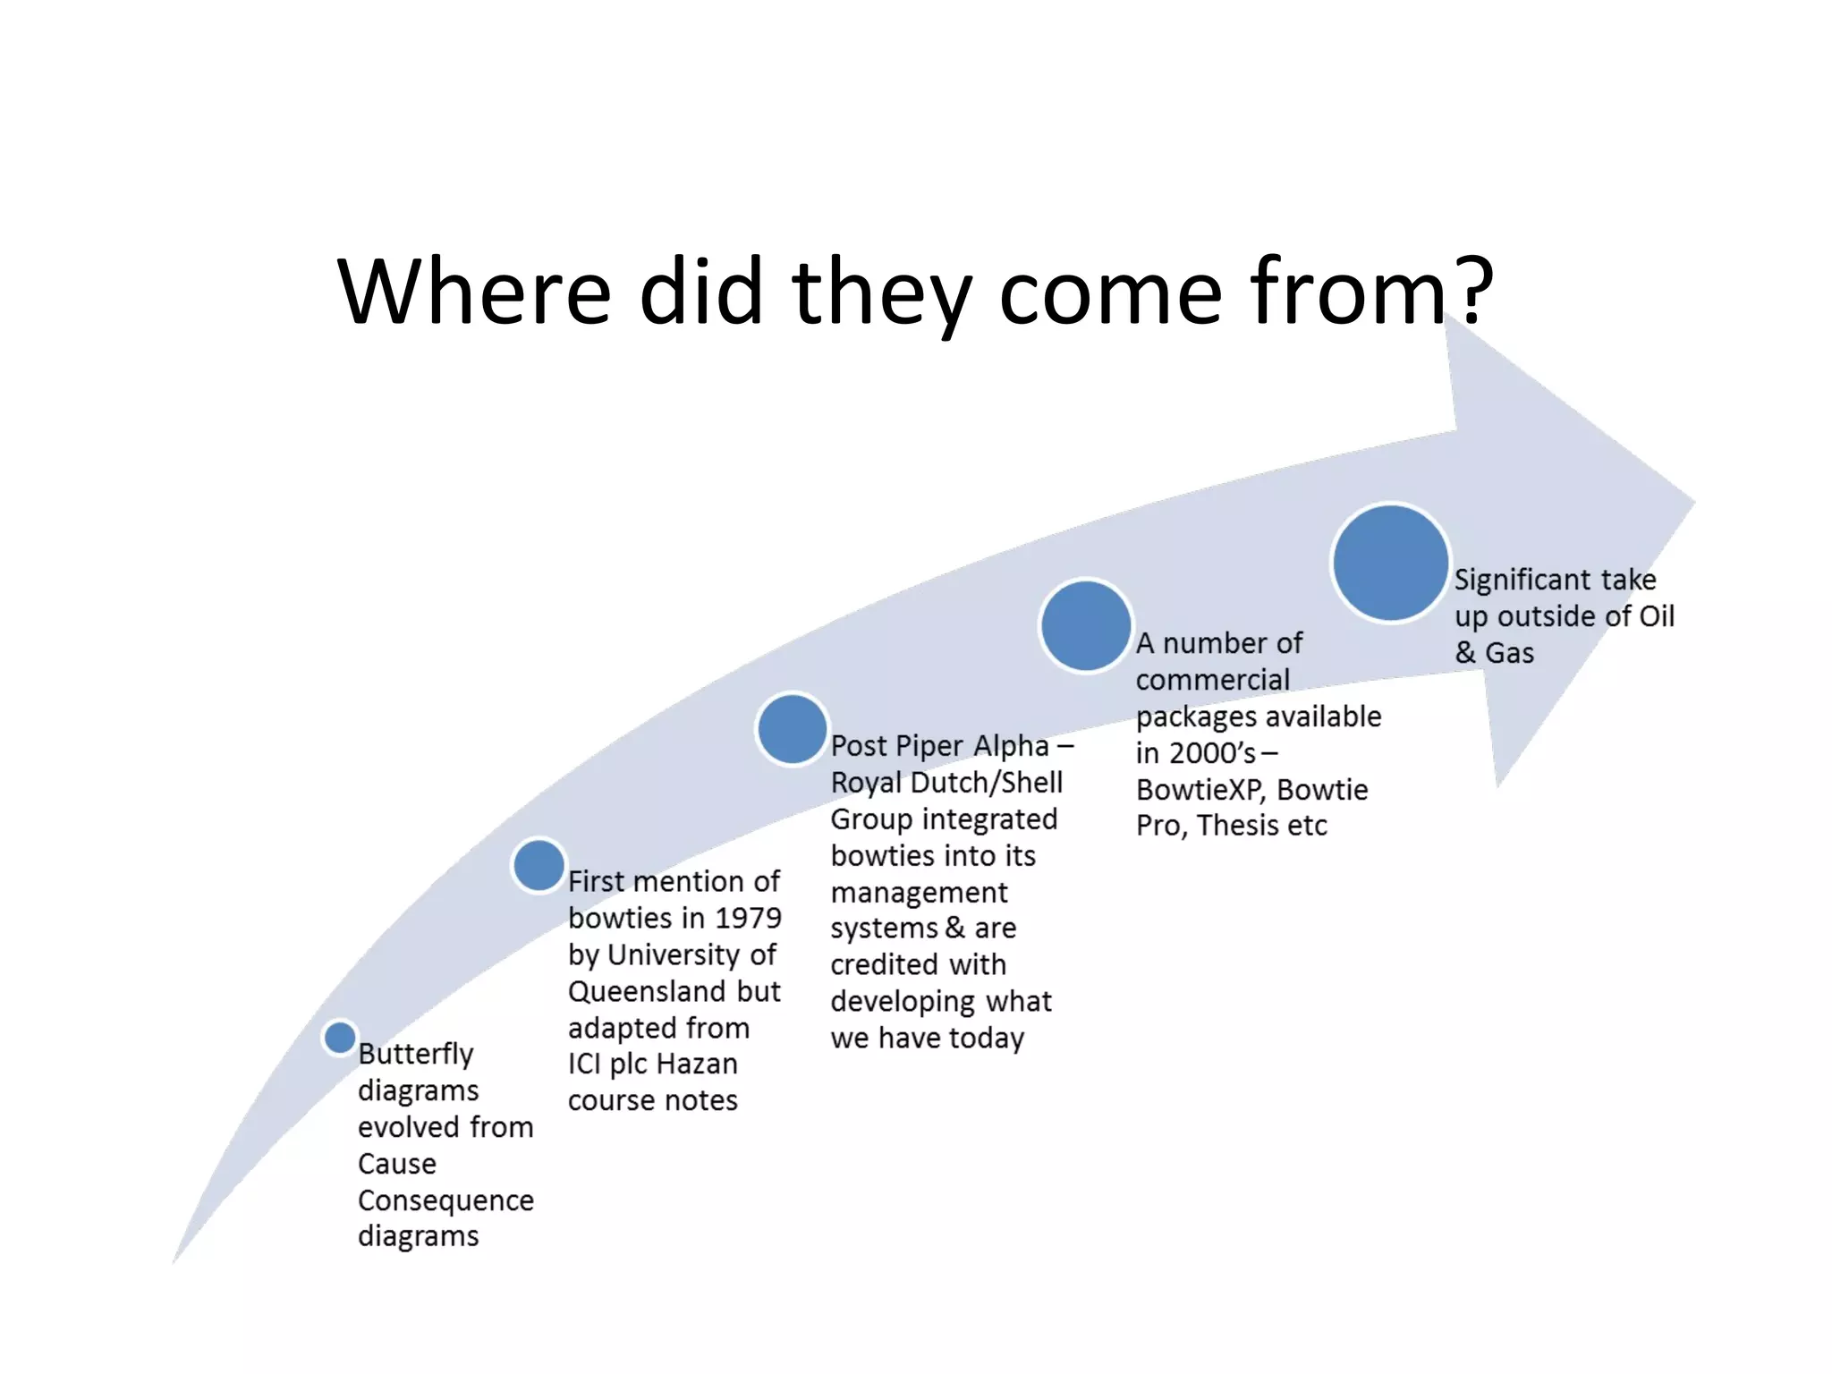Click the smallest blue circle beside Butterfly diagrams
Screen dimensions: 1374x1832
(x=340, y=1038)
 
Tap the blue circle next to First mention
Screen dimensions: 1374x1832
(x=539, y=865)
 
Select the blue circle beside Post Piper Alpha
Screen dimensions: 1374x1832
(x=792, y=728)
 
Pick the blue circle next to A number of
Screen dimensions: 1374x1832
(x=1086, y=625)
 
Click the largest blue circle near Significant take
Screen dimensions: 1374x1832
(x=1390, y=563)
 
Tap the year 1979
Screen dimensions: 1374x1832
(x=748, y=918)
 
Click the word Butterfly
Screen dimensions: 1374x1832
(x=416, y=1054)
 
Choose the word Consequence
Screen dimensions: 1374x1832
(x=445, y=1200)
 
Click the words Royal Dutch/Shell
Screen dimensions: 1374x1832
(x=946, y=783)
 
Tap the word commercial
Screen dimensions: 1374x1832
(x=1212, y=680)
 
